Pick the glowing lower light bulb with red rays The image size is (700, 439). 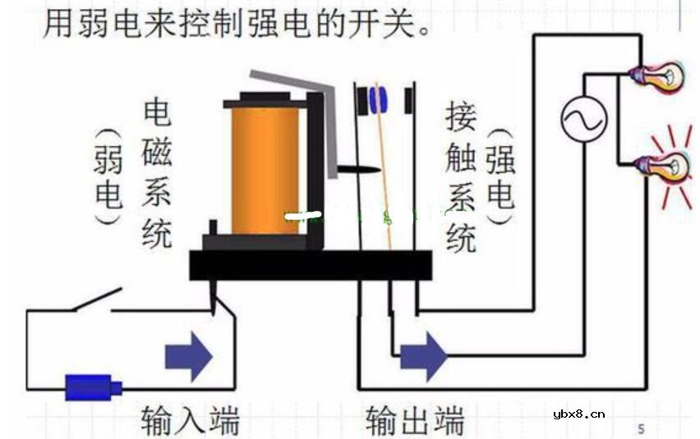666,167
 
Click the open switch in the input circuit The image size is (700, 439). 94,302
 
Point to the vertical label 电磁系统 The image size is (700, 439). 158,173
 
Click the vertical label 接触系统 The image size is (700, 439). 460,176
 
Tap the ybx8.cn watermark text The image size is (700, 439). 579,414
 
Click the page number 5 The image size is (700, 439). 641,428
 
